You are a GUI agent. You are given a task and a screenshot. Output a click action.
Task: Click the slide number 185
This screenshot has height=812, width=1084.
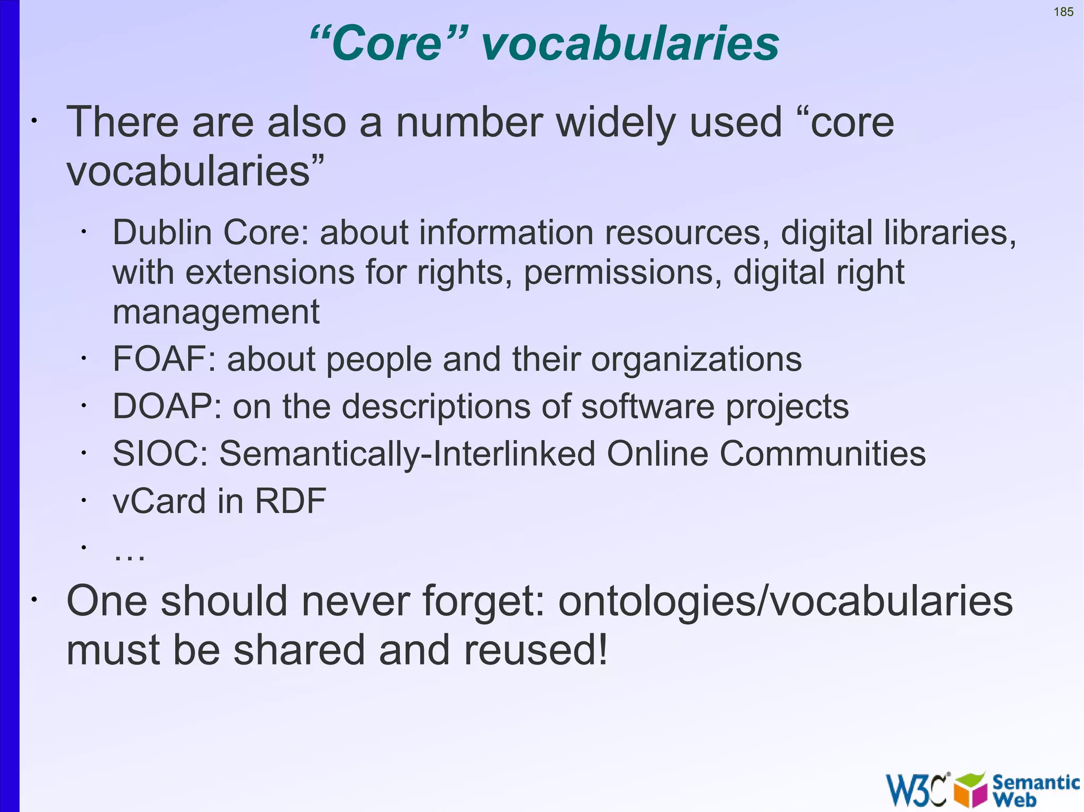1063,12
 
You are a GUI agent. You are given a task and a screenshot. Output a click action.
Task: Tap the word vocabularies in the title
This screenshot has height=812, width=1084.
630,43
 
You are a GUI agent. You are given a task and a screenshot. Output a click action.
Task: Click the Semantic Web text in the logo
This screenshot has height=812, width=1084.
1035,789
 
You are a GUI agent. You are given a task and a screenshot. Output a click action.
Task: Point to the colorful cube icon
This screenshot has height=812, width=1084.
970,789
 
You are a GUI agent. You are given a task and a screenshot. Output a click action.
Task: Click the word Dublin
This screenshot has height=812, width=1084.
162,232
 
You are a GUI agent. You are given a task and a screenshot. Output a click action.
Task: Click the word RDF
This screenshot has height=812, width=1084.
290,501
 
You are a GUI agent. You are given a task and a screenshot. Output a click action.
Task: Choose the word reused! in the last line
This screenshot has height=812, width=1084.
536,650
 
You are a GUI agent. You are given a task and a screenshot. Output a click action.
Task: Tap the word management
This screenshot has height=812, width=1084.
216,312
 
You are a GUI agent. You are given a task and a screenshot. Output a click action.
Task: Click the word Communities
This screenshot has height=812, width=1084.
822,454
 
